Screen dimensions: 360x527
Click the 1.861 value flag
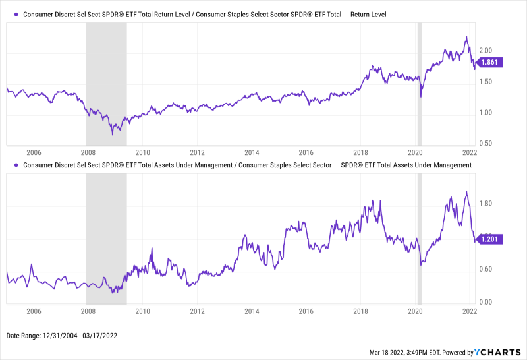click(x=491, y=62)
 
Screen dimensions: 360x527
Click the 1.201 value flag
click(x=491, y=239)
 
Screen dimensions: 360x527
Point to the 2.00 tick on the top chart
click(x=485, y=51)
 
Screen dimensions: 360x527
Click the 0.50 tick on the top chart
click(x=485, y=143)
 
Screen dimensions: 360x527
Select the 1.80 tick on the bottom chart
click(x=485, y=204)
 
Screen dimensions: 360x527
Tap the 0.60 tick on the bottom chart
click(x=485, y=269)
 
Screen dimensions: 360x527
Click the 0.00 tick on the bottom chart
click(x=485, y=302)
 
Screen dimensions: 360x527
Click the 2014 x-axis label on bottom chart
click(x=252, y=311)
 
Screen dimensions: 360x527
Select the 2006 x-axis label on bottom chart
click(x=34, y=311)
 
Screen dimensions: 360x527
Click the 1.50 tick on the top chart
click(x=485, y=82)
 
